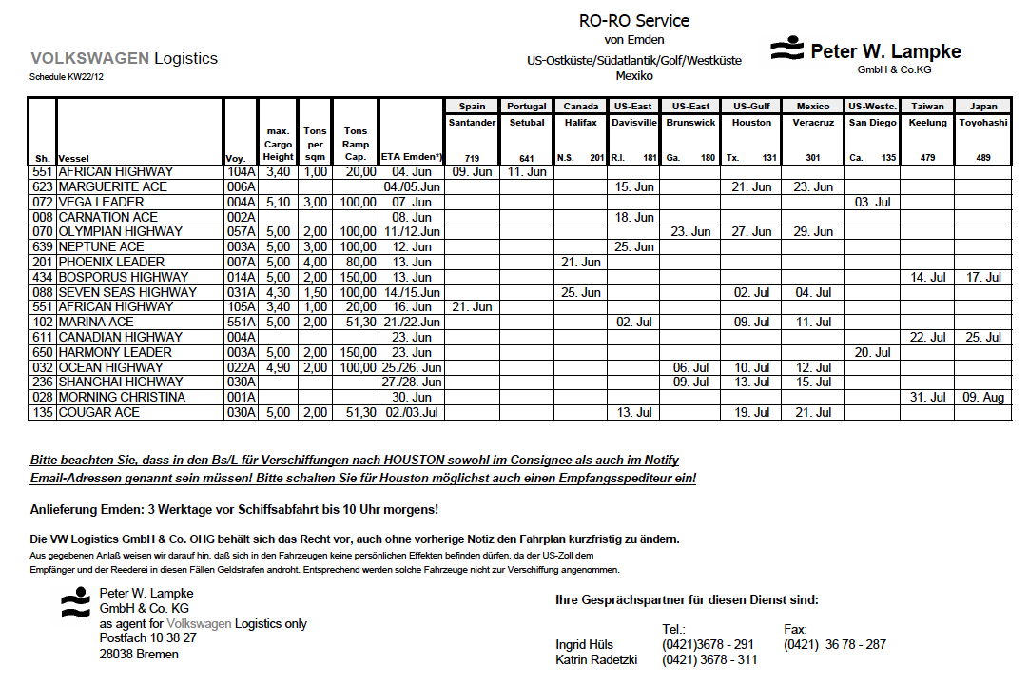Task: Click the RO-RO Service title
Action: click(x=634, y=20)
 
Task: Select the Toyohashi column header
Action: click(x=983, y=123)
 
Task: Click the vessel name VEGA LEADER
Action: click(x=101, y=202)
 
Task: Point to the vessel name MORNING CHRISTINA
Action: click(x=122, y=397)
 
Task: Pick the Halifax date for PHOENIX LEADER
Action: click(x=580, y=262)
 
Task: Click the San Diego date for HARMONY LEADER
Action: click(x=872, y=352)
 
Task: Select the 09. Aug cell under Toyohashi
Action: click(x=983, y=397)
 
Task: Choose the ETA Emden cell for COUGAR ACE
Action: click(x=411, y=412)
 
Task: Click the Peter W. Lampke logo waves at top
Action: click(x=787, y=49)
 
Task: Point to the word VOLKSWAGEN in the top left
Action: click(x=89, y=58)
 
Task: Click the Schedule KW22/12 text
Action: click(x=67, y=76)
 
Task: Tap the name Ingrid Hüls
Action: click(x=584, y=644)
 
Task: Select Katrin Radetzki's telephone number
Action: click(x=709, y=659)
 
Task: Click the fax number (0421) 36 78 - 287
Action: click(x=834, y=644)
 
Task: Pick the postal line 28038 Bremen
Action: click(x=139, y=654)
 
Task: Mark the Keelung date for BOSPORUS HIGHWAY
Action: click(x=927, y=277)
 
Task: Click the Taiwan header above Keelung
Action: click(x=927, y=106)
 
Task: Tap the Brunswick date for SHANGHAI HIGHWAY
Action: click(x=690, y=382)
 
